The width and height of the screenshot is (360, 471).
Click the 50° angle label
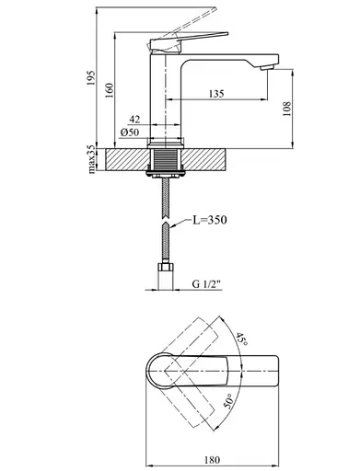pos(226,399)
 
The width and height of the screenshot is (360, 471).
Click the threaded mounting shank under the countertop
pos(167,166)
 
